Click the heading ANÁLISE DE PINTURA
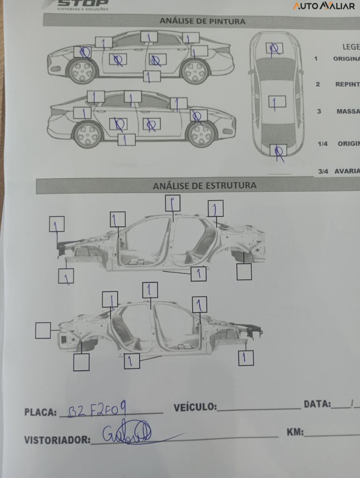click(202, 21)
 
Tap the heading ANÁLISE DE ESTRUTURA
click(204, 186)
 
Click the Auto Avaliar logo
click(324, 6)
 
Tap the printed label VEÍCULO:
click(195, 407)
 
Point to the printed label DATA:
click(317, 404)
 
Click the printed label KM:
click(295, 432)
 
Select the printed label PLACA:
click(40, 412)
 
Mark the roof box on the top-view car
click(277, 102)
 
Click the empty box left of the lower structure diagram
click(43, 330)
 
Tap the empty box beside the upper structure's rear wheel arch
click(244, 272)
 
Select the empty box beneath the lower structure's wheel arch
click(82, 362)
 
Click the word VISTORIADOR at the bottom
click(57, 440)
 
